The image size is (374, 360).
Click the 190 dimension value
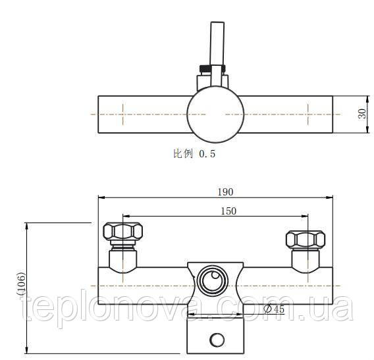coord(225,192)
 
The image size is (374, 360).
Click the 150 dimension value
coord(228,211)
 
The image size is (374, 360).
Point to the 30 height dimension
coord(362,114)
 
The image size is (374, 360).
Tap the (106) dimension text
coord(22,284)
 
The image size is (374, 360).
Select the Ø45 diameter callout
coord(275,309)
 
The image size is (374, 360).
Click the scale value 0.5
coord(207,154)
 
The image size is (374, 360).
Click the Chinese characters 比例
coord(183,153)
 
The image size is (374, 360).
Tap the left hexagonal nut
coord(123,231)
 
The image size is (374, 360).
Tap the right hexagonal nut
coord(306,239)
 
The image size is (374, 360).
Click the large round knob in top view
coord(215,115)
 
